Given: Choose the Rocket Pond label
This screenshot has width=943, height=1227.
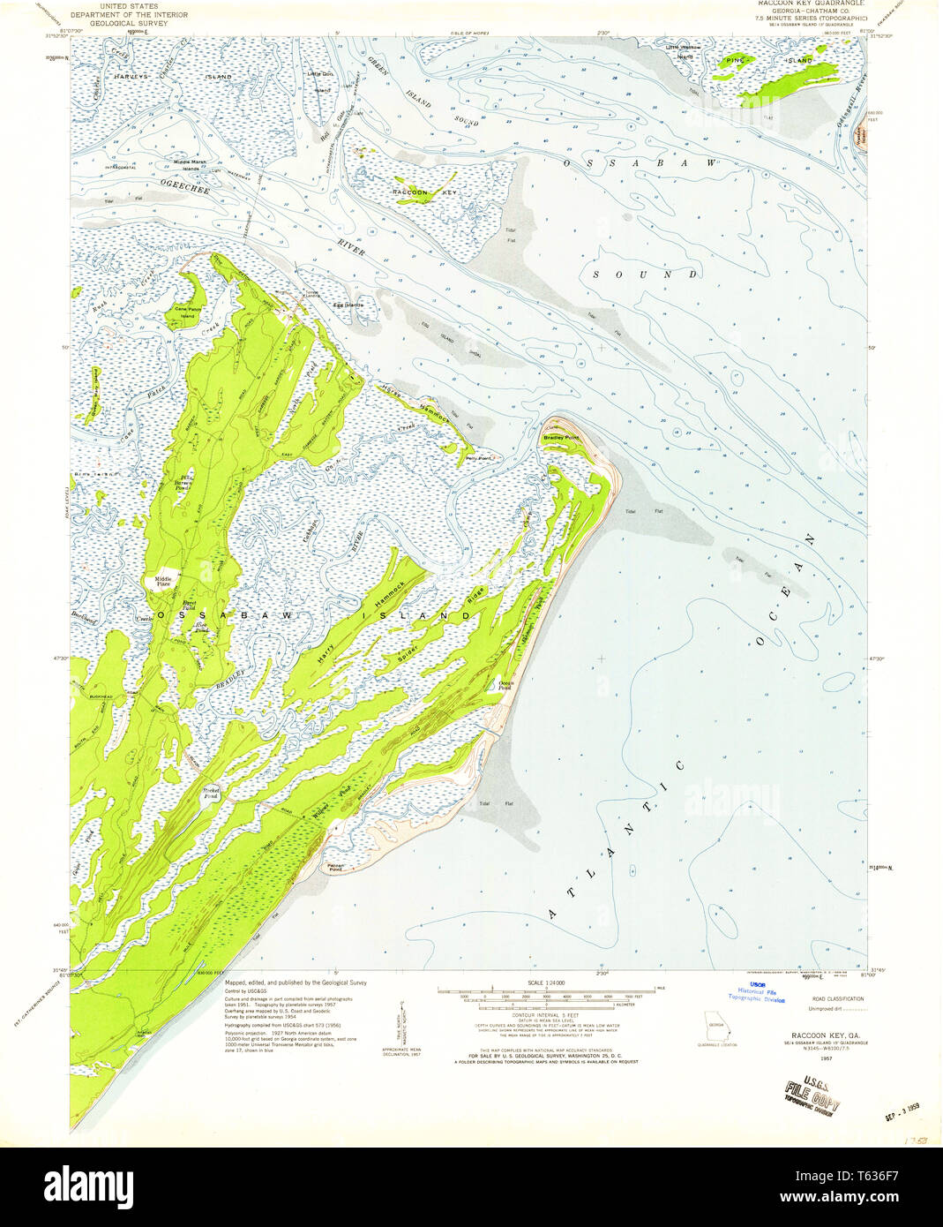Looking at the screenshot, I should click(x=211, y=792).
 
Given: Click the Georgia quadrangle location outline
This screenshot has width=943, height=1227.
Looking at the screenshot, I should click(x=719, y=1029).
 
